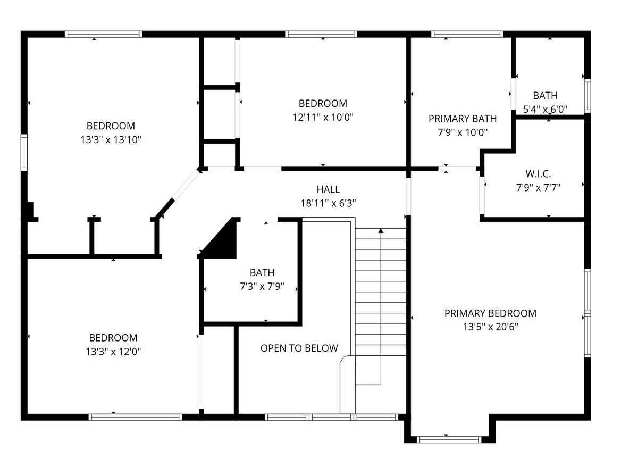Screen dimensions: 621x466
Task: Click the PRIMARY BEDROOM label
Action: point(490,313)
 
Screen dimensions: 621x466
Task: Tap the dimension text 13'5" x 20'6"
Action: point(490,327)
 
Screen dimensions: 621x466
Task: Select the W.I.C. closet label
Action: point(538,173)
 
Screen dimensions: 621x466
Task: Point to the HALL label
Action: point(329,189)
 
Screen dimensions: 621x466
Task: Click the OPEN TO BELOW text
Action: point(299,348)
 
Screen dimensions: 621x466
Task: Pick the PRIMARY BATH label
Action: point(463,119)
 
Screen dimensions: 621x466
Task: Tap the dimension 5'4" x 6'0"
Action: point(546,109)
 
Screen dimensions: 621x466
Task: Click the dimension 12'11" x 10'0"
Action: point(323,117)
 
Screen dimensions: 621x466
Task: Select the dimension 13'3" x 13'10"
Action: point(111,139)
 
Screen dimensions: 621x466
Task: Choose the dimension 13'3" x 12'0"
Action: point(113,352)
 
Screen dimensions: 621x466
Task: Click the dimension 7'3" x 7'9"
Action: point(262,286)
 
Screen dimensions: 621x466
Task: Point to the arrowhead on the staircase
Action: point(381,231)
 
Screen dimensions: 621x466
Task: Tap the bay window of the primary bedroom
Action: point(449,439)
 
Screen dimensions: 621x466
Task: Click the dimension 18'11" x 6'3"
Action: point(329,203)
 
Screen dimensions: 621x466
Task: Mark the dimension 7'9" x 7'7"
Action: point(538,187)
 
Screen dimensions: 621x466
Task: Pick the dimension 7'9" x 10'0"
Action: point(463,132)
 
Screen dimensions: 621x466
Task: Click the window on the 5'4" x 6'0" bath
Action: point(588,96)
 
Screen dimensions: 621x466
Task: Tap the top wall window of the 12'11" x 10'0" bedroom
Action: point(321,34)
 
